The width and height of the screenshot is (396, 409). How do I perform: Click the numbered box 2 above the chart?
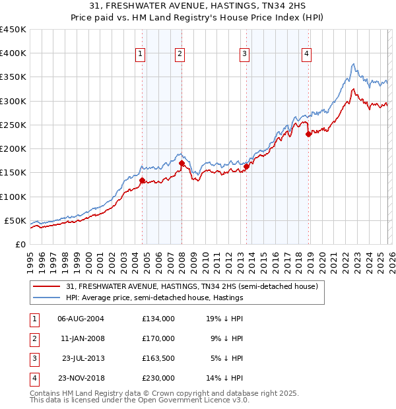coord(180,55)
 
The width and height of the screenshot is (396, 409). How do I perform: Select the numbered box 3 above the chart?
coord(244,55)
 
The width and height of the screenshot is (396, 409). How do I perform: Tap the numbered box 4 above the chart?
coord(307,55)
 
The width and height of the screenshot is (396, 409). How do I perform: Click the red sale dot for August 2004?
coord(142,179)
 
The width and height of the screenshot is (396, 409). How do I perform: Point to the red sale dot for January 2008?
coord(182,163)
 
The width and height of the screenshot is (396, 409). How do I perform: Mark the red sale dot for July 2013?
coord(246,166)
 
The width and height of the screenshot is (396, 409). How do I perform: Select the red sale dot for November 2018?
coord(309,135)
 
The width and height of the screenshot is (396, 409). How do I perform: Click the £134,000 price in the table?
coord(158,318)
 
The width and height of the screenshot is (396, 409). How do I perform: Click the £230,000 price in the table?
coord(158,379)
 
